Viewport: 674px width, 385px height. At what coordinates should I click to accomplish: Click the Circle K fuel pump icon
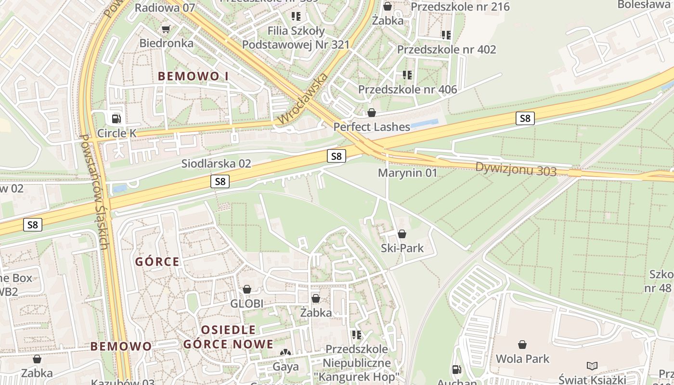pos(116,118)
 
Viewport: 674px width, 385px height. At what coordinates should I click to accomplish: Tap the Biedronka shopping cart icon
pos(166,29)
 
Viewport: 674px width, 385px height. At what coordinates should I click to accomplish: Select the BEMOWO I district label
pos(193,76)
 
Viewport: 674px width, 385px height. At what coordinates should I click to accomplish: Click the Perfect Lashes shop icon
pos(372,113)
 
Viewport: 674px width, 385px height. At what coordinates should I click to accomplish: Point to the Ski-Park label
pos(402,248)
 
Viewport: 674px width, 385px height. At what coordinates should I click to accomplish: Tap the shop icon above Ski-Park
pos(402,234)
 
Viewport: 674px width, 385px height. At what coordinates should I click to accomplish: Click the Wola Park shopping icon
pos(522,345)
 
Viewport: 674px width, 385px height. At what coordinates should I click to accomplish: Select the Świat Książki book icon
pos(592,366)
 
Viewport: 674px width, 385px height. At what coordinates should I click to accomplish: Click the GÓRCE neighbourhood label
pos(157,262)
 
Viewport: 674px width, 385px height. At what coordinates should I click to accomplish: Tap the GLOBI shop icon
pos(247,290)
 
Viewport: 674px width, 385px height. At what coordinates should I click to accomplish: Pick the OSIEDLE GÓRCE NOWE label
pos(228,337)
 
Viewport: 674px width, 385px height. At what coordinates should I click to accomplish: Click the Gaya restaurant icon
pos(286,353)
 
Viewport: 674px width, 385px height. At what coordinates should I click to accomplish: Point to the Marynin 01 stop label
pos(407,173)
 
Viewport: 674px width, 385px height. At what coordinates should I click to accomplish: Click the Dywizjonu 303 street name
pos(516,169)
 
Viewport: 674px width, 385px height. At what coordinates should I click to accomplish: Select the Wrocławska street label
pos(303,99)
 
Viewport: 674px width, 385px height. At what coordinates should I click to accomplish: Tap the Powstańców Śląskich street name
pos(93,192)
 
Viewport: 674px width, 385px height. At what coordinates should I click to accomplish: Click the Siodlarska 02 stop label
pos(216,164)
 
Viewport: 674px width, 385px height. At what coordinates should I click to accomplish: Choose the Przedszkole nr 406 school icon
pos(407,75)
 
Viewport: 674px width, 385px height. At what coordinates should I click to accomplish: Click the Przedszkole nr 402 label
pos(446,50)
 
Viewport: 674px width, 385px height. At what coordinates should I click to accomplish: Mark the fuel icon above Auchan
pos(456,370)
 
